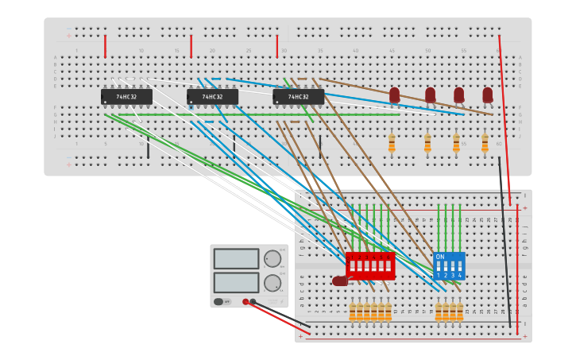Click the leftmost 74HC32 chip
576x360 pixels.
[126, 97]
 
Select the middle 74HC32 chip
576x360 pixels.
[212, 97]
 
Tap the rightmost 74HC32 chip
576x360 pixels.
[298, 97]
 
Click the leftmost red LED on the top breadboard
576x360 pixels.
[394, 95]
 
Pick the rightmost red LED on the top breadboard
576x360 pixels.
[487, 95]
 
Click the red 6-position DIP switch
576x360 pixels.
[370, 265]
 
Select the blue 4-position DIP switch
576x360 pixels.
[449, 265]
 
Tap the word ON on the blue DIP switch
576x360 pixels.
[440, 257]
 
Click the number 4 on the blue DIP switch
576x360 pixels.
[459, 275]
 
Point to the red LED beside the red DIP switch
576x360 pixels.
[340, 281]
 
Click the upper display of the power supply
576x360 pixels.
[236, 259]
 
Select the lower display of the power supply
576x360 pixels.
[236, 282]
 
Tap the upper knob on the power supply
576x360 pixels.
[272, 258]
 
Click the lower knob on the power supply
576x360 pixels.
[272, 282]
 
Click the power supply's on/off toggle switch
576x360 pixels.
[219, 301]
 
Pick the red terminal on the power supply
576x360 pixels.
[245, 301]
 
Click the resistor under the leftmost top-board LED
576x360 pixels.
[392, 142]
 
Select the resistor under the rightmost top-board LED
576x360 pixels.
[485, 142]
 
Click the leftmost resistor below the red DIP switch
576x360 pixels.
[353, 312]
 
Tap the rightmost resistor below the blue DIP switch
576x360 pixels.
[459, 312]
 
